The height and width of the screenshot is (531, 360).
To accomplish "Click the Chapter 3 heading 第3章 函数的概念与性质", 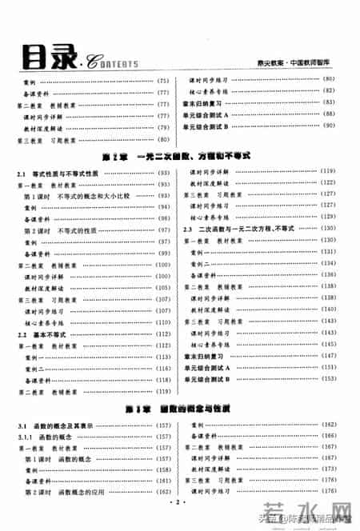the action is tap(180, 408).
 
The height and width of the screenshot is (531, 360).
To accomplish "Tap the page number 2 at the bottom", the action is tap(180, 504).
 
